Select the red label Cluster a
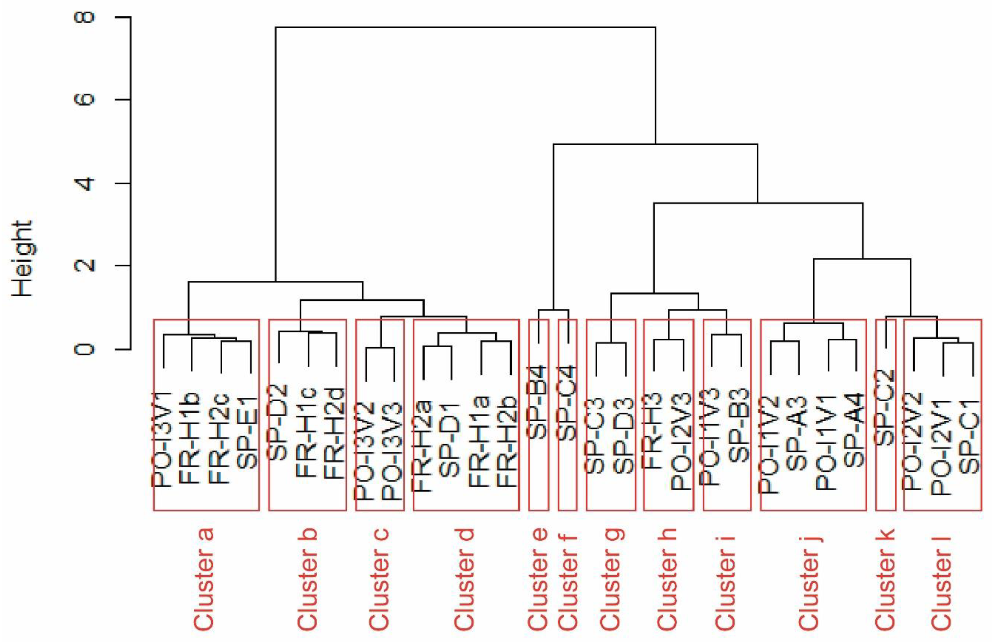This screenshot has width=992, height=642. coord(204,579)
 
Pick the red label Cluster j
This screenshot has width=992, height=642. coord(809,579)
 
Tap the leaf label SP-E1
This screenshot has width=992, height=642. coord(248,433)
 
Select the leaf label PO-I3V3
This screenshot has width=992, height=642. coord(392,452)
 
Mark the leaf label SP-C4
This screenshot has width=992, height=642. coord(567,402)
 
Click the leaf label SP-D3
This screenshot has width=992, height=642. coord(624,435)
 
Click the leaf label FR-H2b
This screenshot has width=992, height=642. coord(508,442)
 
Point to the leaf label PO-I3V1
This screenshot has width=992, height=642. coord(162,439)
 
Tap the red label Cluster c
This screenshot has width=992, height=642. coord(379,579)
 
